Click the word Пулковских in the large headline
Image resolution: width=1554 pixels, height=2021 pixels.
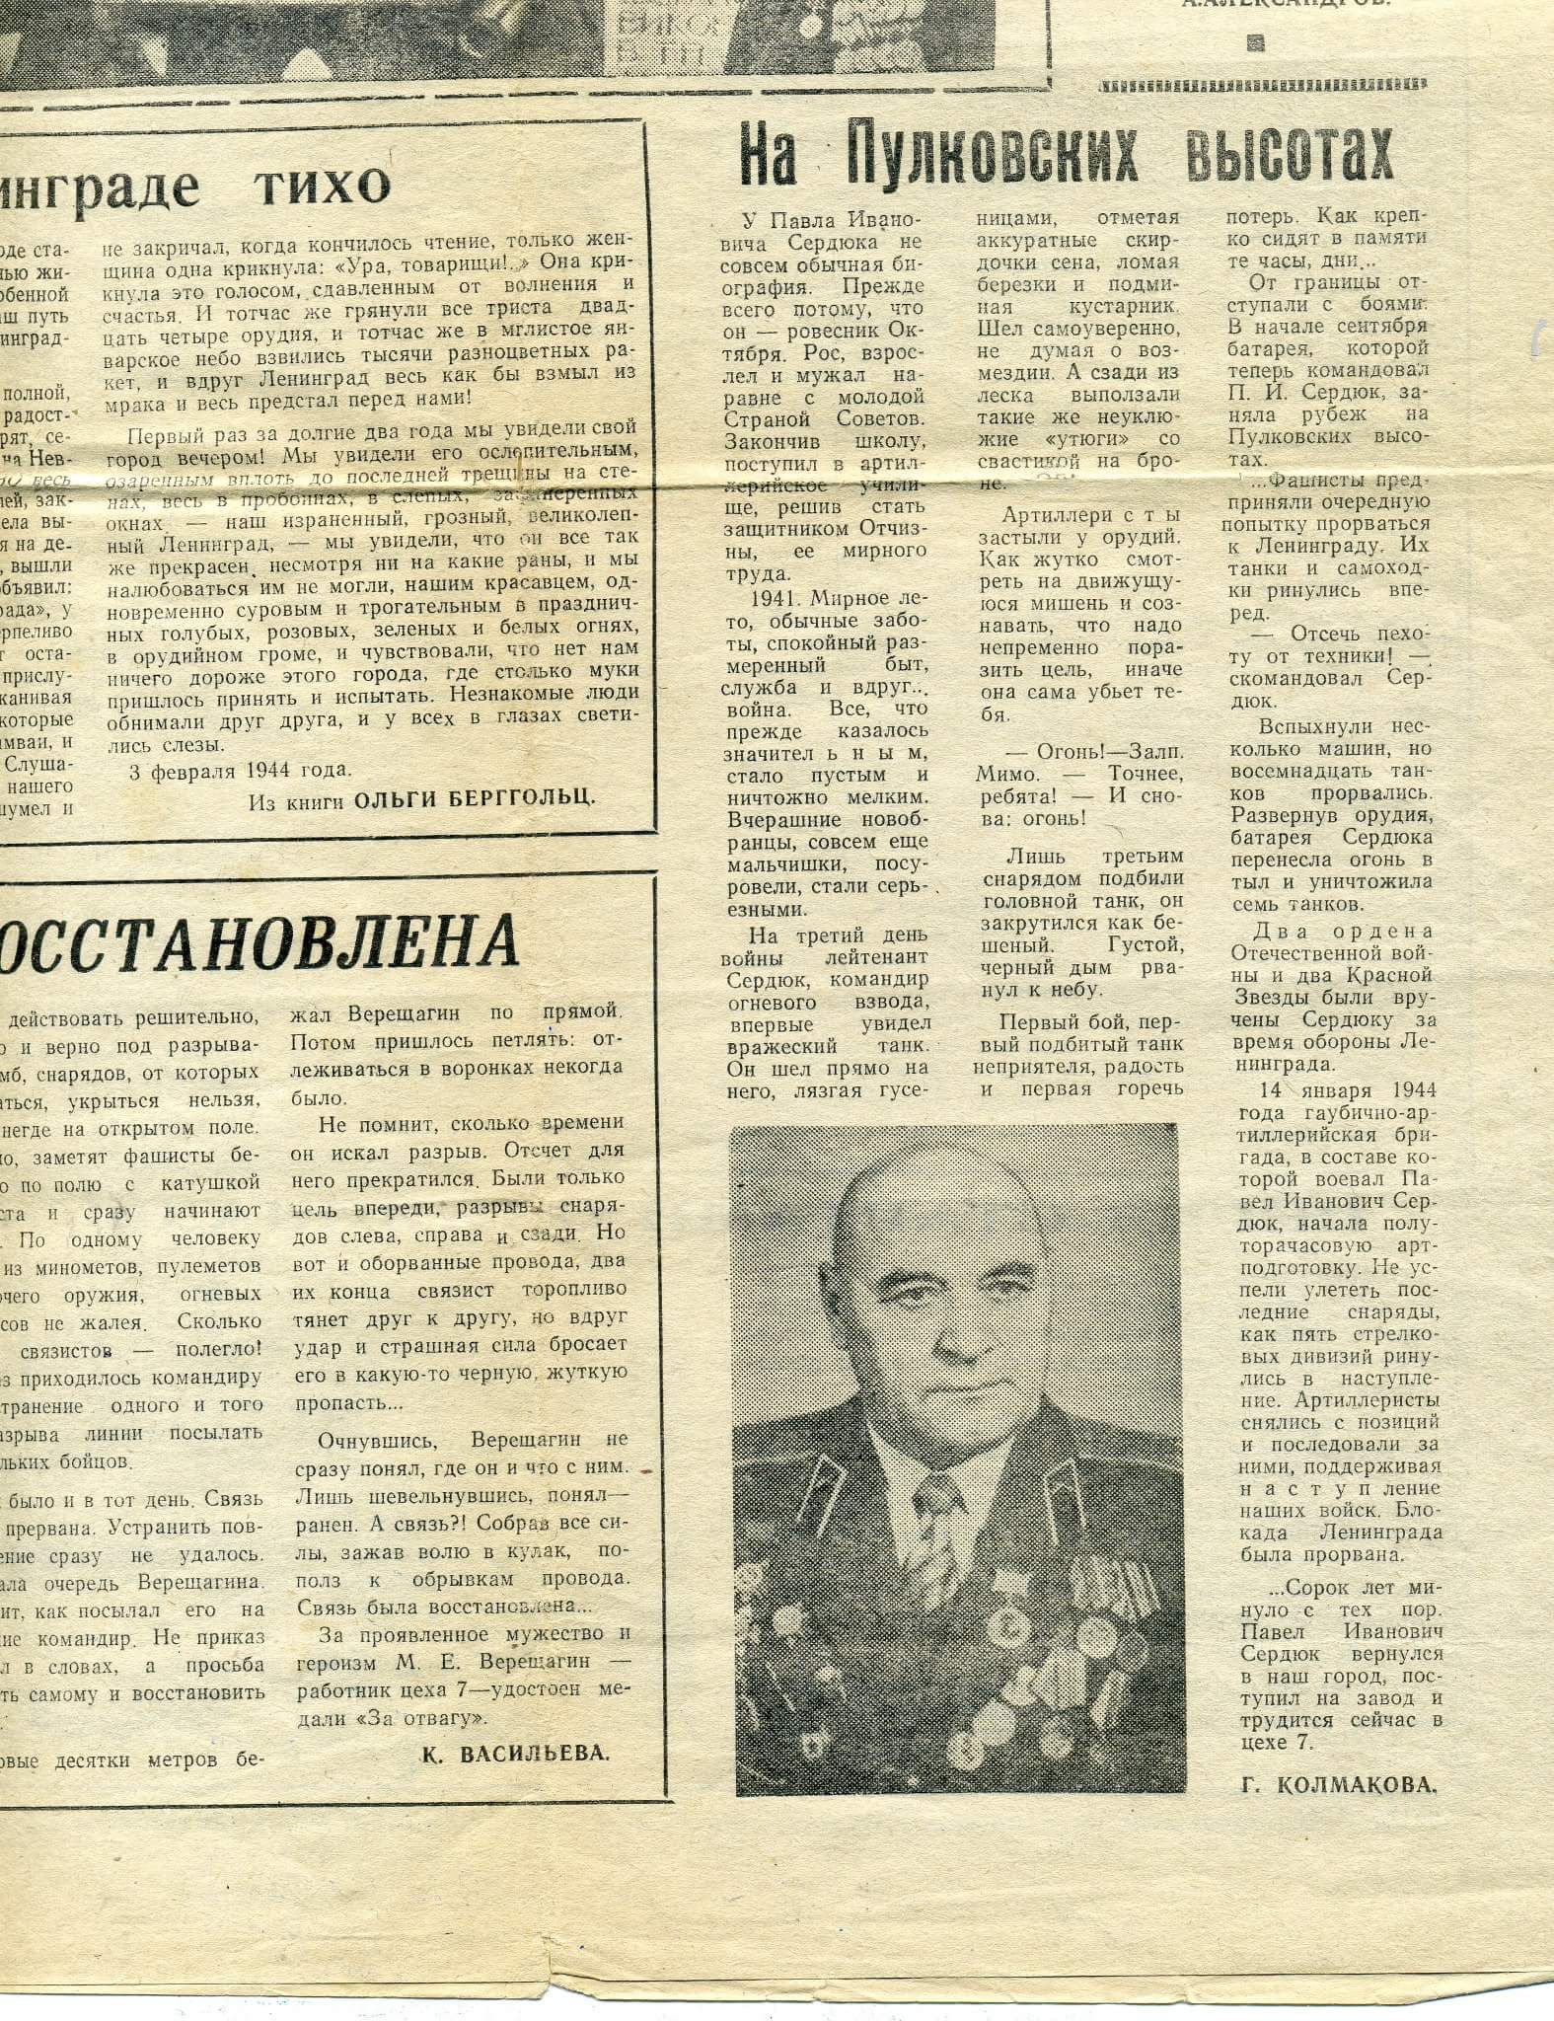[992, 155]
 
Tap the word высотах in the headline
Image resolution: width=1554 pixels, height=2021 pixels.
[1290, 155]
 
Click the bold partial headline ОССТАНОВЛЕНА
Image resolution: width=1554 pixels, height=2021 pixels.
[259, 941]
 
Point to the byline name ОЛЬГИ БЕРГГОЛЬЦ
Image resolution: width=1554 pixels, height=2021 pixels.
[475, 799]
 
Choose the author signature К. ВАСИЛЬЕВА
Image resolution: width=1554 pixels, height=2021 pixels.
[515, 1753]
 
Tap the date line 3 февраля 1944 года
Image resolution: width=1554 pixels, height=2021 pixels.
[240, 770]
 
